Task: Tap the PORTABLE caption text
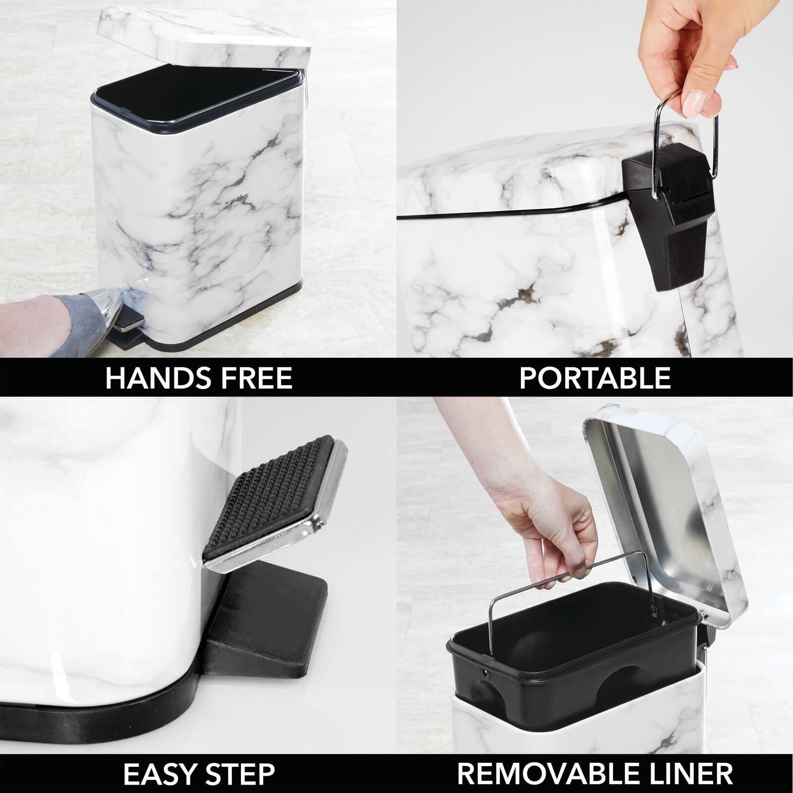coord(595,378)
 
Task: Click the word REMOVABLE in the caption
coord(544,773)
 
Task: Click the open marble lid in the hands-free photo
coord(203,40)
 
